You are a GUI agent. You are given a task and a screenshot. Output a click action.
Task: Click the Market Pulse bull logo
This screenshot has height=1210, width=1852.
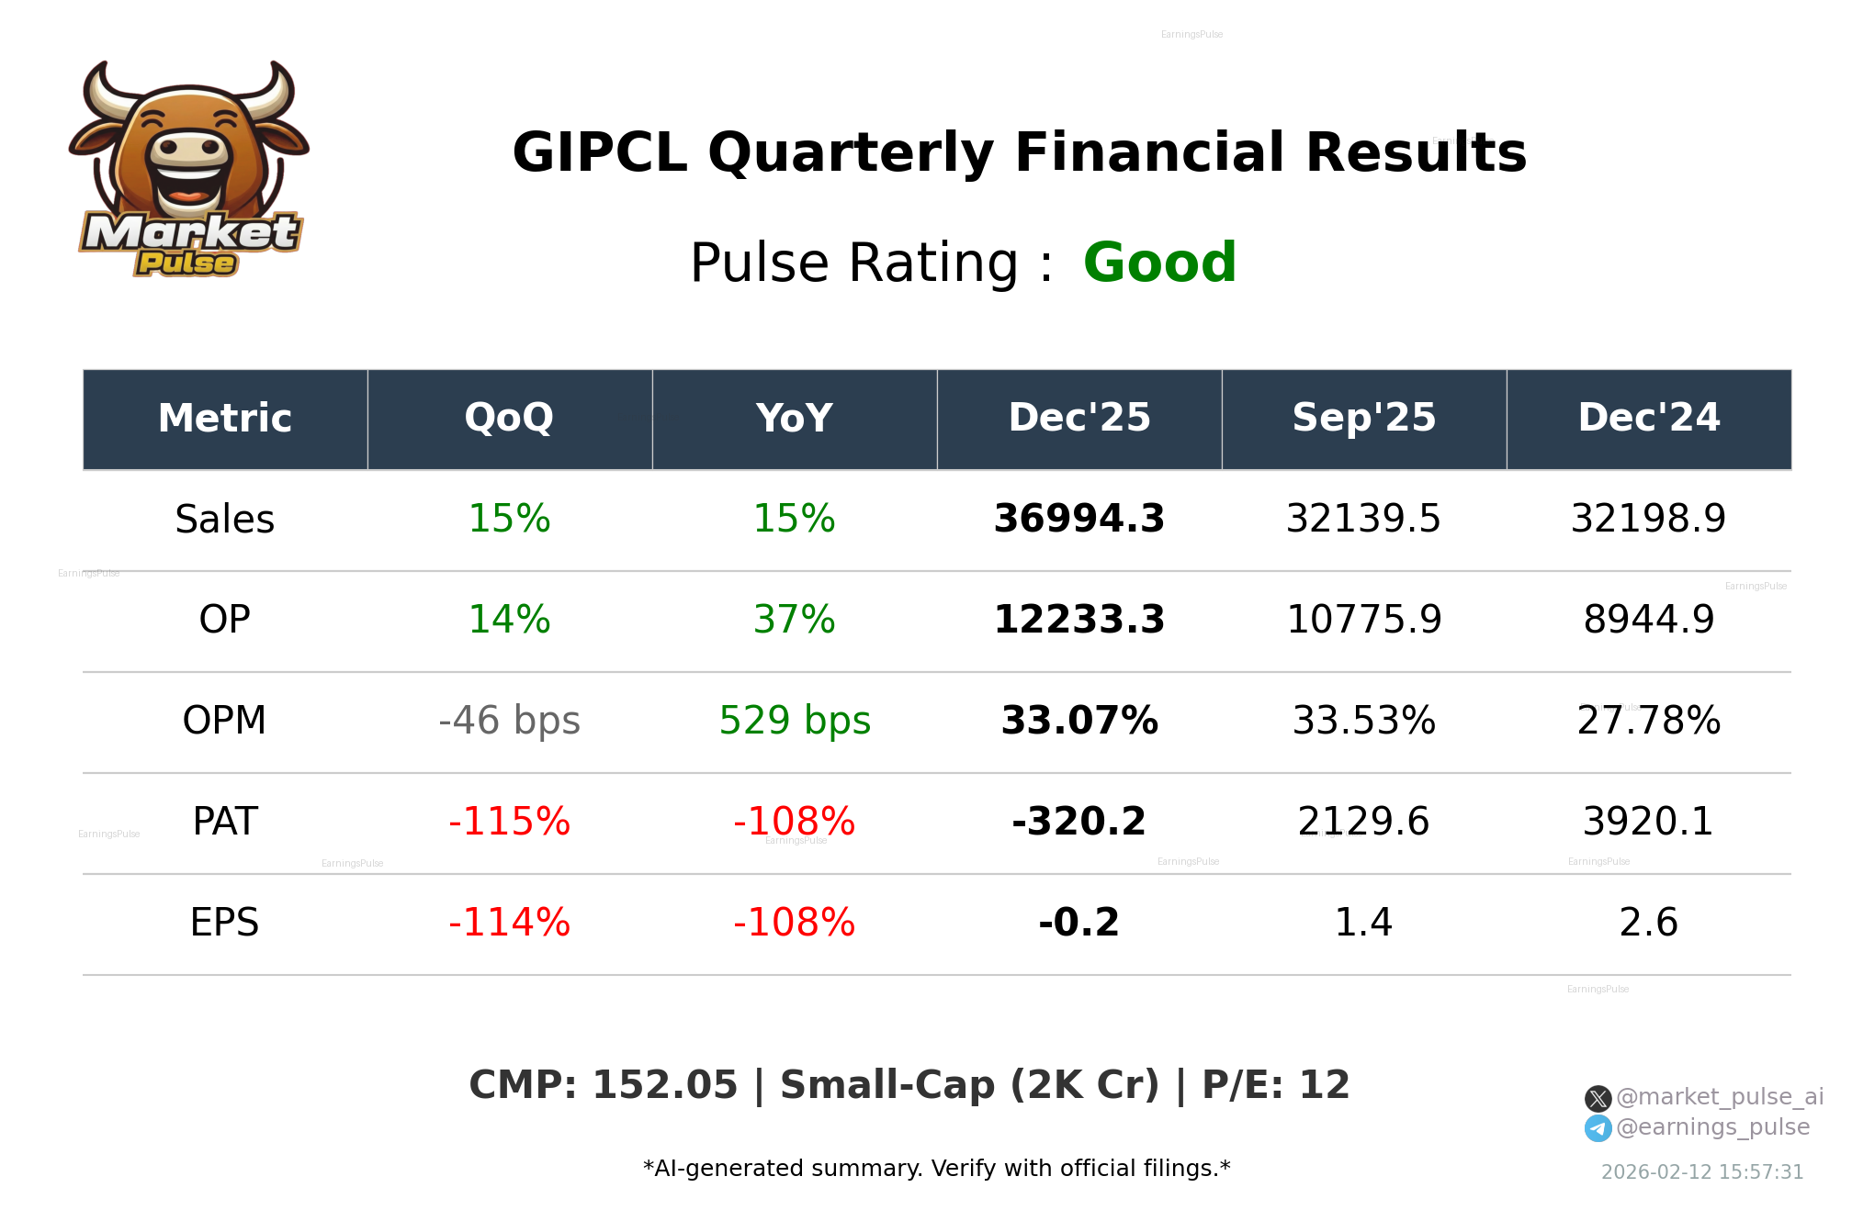click(x=189, y=170)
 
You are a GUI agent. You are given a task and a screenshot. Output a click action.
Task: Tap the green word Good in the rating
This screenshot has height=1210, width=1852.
click(x=1159, y=263)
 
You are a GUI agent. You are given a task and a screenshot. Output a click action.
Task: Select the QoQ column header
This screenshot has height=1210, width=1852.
click(x=509, y=419)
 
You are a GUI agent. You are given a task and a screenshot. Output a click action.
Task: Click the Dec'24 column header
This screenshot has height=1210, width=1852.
click(x=1648, y=419)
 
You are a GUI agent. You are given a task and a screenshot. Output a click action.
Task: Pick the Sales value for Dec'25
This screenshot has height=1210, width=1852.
click(x=1078, y=520)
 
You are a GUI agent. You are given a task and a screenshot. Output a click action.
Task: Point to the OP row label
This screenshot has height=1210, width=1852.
click(x=224, y=621)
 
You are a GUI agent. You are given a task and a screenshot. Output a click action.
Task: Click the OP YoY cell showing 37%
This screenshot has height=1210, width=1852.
click(x=794, y=621)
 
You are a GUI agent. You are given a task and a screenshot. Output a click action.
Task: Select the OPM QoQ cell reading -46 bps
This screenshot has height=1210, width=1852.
click(x=509, y=722)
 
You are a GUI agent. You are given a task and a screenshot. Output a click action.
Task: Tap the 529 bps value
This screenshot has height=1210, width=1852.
click(x=794, y=722)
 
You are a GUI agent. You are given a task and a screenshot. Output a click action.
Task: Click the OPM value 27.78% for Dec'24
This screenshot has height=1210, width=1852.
click(x=1648, y=722)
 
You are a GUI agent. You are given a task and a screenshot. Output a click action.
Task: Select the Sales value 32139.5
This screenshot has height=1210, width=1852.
click(x=1363, y=520)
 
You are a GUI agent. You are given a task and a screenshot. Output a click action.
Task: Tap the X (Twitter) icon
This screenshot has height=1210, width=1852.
click(x=1598, y=1099)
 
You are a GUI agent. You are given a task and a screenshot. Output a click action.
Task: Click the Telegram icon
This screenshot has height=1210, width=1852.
click(x=1598, y=1128)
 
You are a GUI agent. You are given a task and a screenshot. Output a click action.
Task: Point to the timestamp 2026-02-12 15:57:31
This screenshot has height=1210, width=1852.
click(x=1702, y=1172)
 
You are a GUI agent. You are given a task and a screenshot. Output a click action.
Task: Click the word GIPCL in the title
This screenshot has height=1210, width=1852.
click(x=599, y=152)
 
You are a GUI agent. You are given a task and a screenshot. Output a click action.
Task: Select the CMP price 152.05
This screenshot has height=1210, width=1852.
click(x=664, y=1085)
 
